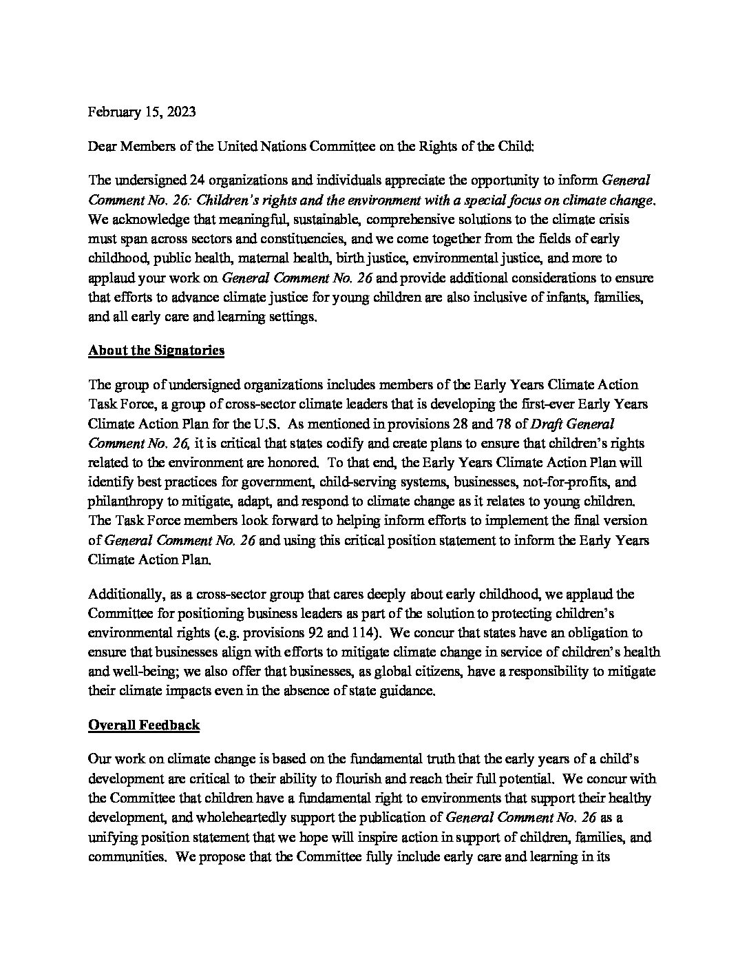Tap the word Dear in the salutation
tap(103, 146)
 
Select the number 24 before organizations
tap(198, 180)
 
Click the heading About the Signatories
tap(156, 350)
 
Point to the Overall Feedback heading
tap(144, 725)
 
